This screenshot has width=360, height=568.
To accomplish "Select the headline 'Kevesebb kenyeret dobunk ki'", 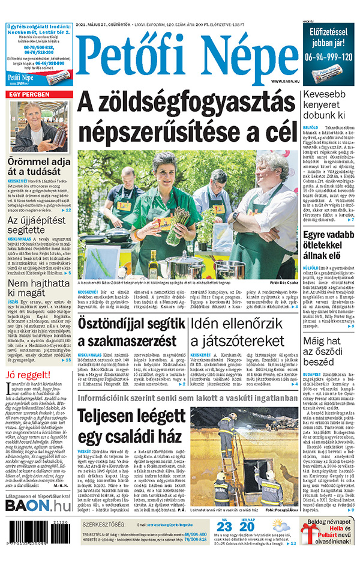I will click(328, 104).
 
